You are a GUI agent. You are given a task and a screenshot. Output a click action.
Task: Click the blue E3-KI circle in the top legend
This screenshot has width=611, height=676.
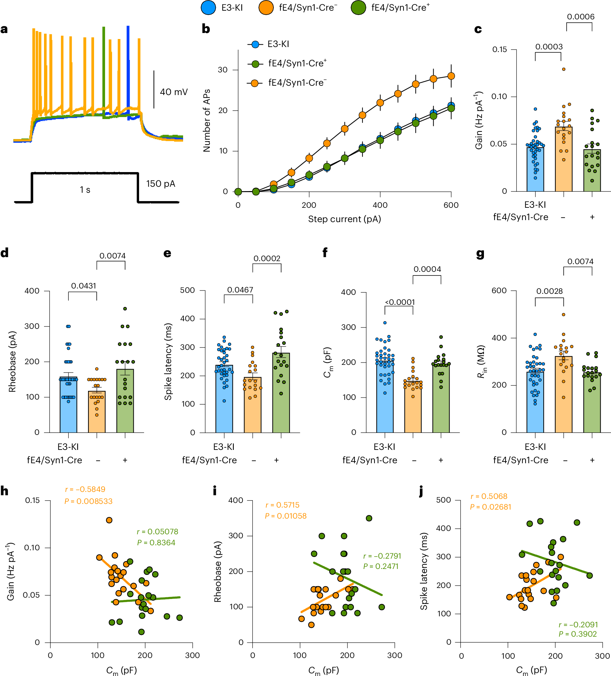208,8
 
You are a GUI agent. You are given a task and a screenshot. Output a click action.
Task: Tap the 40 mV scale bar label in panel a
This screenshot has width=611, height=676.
173,92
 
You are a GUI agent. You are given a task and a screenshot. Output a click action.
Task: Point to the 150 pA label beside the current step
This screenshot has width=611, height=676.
161,184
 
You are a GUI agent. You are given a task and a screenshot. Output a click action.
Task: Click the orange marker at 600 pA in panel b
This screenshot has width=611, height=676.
451,76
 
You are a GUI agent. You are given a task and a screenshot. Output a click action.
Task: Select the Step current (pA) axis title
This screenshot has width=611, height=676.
345,219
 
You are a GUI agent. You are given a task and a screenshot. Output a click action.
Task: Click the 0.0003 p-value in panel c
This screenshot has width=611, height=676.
549,47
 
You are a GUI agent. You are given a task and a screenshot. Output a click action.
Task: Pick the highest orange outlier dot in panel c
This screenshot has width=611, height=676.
564,69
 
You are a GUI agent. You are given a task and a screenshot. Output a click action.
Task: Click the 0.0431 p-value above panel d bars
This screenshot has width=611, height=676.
83,286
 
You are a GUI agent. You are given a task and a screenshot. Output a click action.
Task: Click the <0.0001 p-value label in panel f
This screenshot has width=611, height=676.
400,302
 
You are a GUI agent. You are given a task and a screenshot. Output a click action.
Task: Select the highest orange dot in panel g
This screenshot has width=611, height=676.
563,314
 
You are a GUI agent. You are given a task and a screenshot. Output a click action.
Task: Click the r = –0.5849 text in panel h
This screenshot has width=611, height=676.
85,490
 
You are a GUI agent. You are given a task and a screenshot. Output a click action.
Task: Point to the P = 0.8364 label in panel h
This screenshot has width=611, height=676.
156,543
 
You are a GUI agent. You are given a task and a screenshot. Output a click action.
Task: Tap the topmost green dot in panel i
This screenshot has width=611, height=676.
369,518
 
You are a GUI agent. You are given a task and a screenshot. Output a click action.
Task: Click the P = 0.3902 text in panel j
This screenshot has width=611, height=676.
577,634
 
